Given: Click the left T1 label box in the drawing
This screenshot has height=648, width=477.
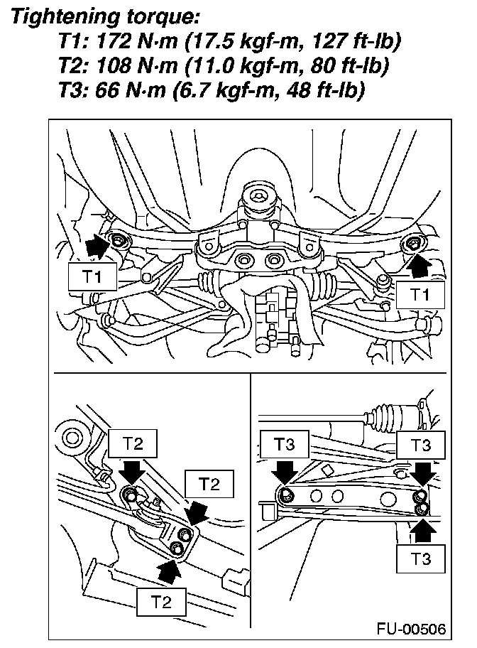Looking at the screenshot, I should tap(92, 277).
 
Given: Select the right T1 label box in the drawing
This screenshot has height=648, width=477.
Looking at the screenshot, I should tap(422, 293).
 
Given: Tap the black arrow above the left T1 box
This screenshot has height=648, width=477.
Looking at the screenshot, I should tap(97, 247).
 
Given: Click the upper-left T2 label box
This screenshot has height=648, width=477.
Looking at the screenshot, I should tap(133, 444).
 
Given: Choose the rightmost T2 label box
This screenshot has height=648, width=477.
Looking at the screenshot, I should tap(208, 484).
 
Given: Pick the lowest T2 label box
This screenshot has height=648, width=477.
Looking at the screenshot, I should tap(162, 602).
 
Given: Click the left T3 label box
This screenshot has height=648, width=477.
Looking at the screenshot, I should tap(283, 445).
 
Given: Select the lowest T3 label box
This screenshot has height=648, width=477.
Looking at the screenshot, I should tap(421, 558).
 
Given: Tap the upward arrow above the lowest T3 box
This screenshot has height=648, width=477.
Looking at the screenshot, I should tap(422, 529).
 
